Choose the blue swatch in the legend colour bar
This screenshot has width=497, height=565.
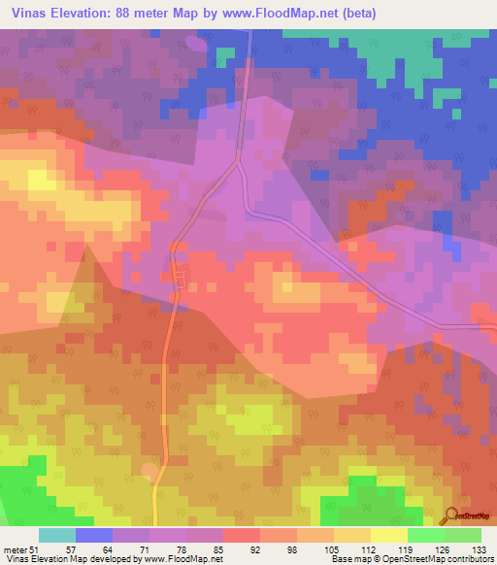[93, 535]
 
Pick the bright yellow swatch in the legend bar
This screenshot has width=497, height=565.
[388, 535]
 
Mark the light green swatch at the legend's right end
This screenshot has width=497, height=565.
[463, 535]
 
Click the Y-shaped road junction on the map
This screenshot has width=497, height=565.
[239, 164]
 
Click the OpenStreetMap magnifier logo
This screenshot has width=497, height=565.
[452, 516]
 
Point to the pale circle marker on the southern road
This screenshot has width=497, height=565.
[149, 471]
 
